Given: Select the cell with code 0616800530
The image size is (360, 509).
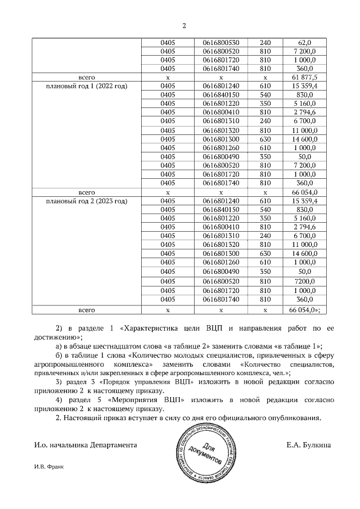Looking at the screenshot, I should click(221, 42).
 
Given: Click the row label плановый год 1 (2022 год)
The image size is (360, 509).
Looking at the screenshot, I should click(87, 86).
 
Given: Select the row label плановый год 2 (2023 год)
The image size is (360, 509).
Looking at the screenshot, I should click(87, 201).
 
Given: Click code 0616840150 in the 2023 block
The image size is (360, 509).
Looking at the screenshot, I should click(221, 210).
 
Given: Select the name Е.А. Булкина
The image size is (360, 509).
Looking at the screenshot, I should click(308, 445).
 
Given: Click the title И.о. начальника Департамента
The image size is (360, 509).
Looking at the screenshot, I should click(85, 445).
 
